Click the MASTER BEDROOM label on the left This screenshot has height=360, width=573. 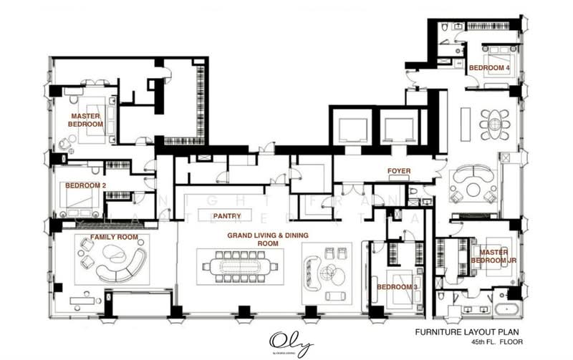click(x=85, y=120)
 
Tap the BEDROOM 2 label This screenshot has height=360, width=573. click(x=85, y=185)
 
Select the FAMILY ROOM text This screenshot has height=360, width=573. click(x=114, y=237)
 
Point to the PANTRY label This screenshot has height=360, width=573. click(x=226, y=215)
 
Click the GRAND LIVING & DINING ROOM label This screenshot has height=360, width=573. click(x=263, y=239)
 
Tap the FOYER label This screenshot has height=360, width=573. click(x=399, y=171)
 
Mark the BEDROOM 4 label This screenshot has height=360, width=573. click(x=489, y=68)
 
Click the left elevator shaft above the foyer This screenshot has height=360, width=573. click(x=352, y=128)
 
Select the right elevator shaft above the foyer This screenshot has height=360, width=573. click(x=399, y=128)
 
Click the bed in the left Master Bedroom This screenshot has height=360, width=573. click(x=94, y=120)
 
